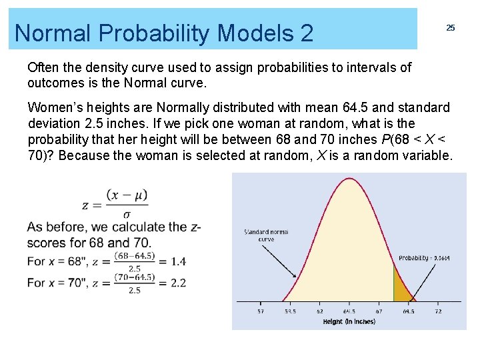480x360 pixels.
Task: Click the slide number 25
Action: click(451, 27)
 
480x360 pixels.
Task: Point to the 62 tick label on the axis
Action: click(320, 311)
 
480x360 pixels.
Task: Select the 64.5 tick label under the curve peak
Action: click(349, 311)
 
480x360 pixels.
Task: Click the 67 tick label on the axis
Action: click(379, 311)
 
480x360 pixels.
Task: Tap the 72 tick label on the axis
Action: click(438, 311)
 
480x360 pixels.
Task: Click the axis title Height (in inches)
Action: click(349, 321)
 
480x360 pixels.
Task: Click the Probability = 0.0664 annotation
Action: click(424, 258)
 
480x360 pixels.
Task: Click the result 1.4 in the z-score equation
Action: click(178, 261)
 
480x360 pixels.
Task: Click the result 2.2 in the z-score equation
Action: click(178, 283)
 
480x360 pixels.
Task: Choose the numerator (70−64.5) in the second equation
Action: click(134, 277)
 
